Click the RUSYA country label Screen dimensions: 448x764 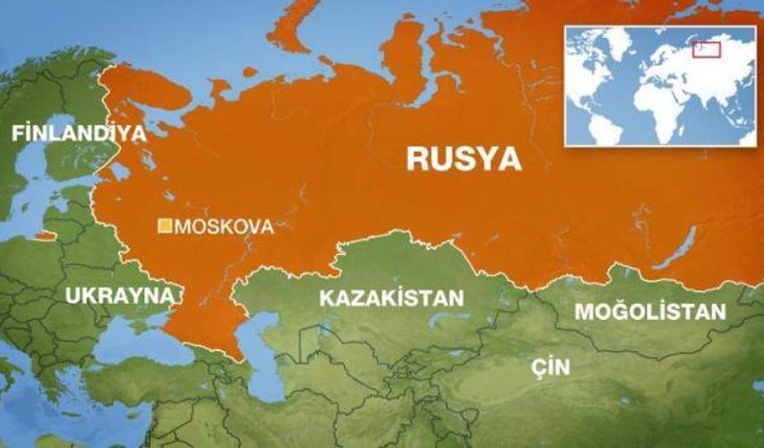pyautogui.click(x=464, y=158)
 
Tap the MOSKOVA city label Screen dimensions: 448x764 pyautogui.click(x=224, y=227)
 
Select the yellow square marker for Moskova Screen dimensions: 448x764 pyautogui.click(x=164, y=227)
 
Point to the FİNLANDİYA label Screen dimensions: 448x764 pyautogui.click(x=78, y=133)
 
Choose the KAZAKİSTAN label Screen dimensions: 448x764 pyautogui.click(x=392, y=298)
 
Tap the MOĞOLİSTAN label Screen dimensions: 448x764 pyautogui.click(x=650, y=311)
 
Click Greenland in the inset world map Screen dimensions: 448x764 pyautogui.click(x=622, y=40)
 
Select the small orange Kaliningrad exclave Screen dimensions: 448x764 pyautogui.click(x=43, y=236)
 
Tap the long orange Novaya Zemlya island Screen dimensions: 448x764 pyautogui.click(x=293, y=27)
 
